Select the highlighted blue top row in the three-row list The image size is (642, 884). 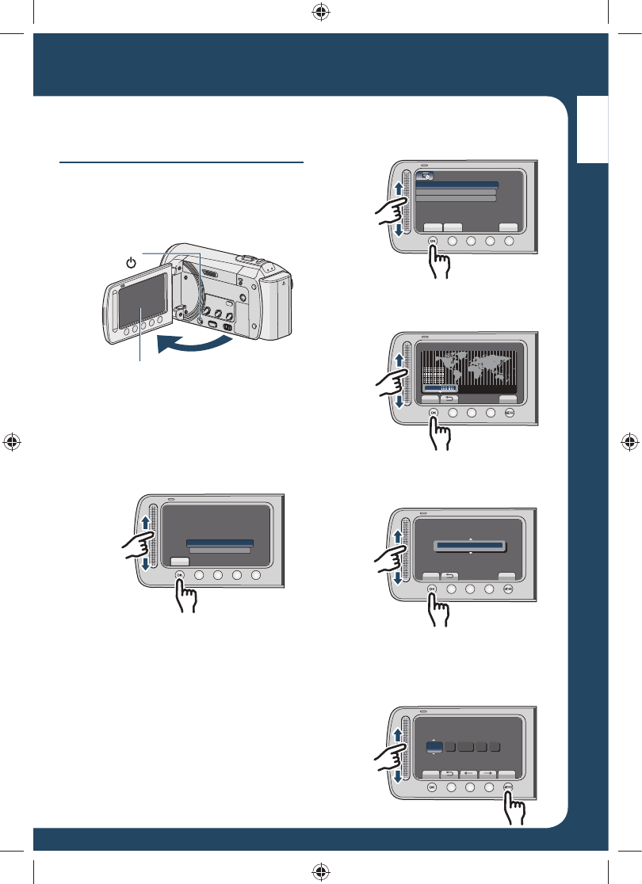click(x=457, y=185)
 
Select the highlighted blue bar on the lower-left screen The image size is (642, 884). click(x=220, y=542)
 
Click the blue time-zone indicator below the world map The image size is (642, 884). click(x=441, y=389)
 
